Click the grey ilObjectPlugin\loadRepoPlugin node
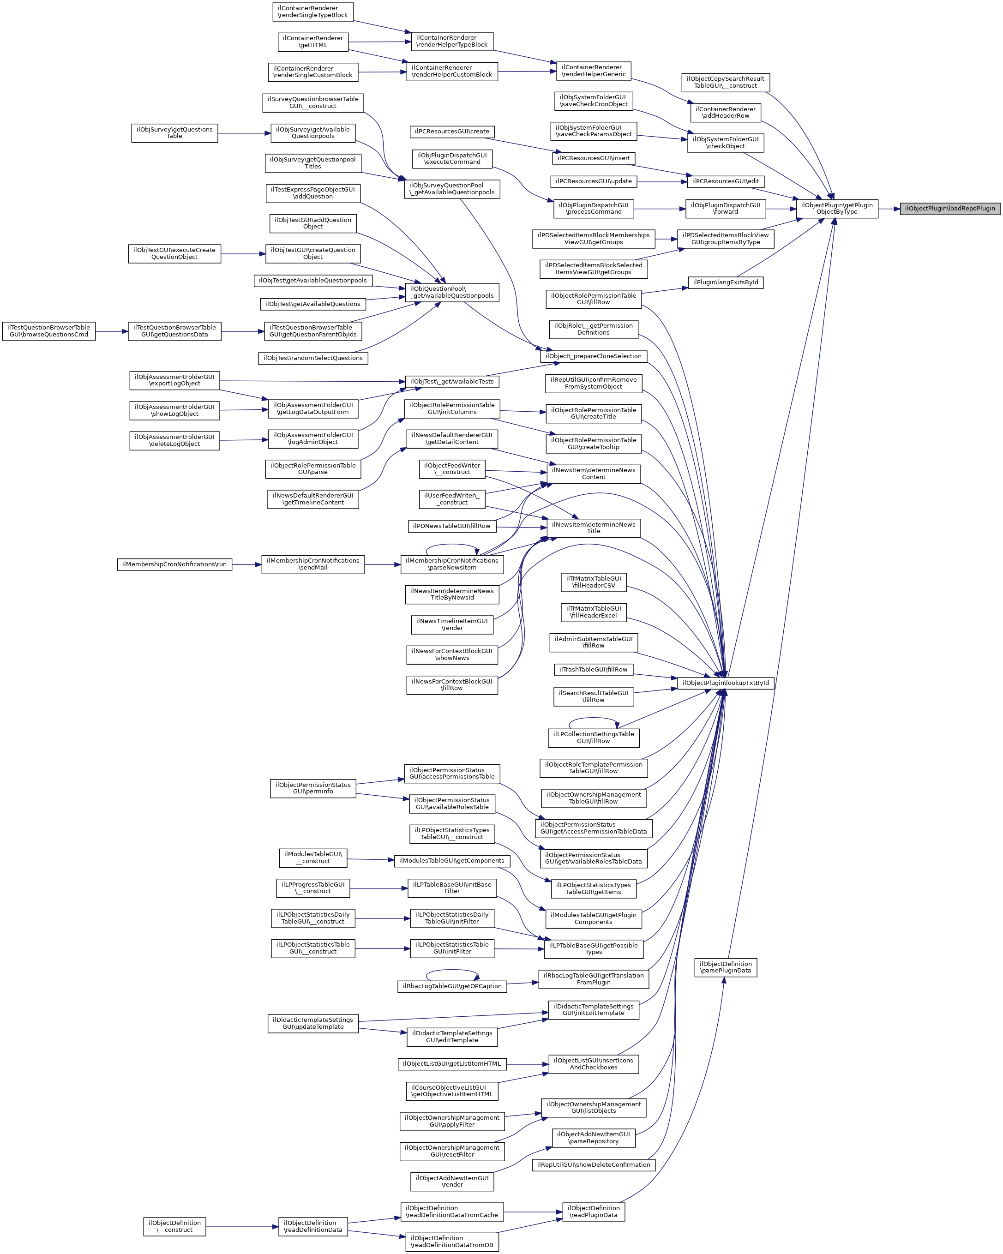tap(949, 209)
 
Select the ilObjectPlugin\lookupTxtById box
tap(726, 683)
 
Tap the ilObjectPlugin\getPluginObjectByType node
tap(837, 209)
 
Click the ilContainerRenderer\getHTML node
tap(313, 42)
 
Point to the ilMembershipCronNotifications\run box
tap(174, 564)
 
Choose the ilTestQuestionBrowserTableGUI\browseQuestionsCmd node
tap(49, 331)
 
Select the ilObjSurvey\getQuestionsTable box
tap(174, 133)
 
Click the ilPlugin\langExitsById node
tap(726, 282)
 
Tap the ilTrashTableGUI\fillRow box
tap(594, 669)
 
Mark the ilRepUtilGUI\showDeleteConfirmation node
tap(594, 1164)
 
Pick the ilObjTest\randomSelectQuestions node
tap(313, 358)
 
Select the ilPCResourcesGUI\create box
tap(452, 132)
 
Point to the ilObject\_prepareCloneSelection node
tap(594, 356)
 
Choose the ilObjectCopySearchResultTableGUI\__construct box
tap(726, 83)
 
